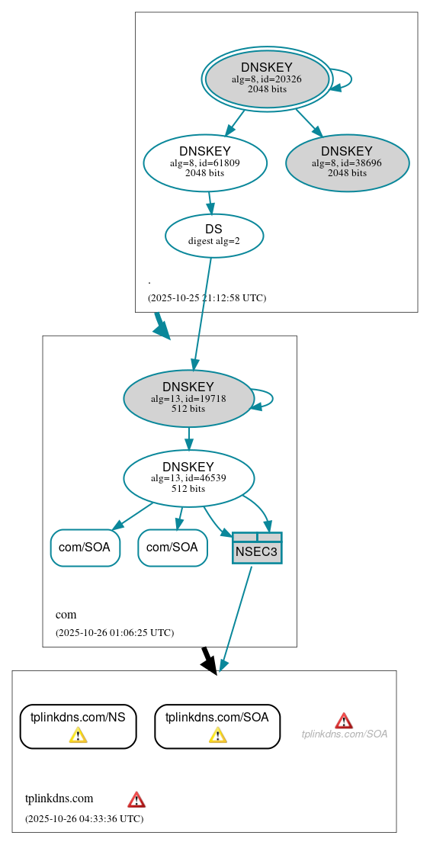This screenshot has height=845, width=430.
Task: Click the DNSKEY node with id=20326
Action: pyautogui.click(x=267, y=79)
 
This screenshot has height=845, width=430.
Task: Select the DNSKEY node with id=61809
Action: pyautogui.click(x=204, y=162)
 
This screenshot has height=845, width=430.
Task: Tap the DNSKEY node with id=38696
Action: pyautogui.click(x=347, y=162)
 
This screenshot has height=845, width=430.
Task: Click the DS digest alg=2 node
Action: pyautogui.click(x=213, y=235)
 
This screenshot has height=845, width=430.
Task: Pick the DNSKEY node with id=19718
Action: pyautogui.click(x=188, y=398)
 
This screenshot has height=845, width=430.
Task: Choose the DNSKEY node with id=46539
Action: pyautogui.click(x=188, y=478)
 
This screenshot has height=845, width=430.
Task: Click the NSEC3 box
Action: pyautogui.click(x=257, y=548)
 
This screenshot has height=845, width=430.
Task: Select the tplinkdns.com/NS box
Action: pyautogui.click(x=78, y=725)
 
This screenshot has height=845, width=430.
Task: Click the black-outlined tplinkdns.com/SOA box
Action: pyautogui.click(x=217, y=725)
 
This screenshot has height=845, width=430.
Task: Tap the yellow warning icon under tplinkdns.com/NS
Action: pyautogui.click(x=78, y=734)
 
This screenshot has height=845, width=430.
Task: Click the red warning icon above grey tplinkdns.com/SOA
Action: pyautogui.click(x=344, y=721)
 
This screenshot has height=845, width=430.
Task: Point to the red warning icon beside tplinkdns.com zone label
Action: pyautogui.click(x=136, y=799)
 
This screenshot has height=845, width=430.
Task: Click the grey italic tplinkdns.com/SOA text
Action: pyautogui.click(x=344, y=734)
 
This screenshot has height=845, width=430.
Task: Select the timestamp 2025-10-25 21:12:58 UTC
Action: pyautogui.click(x=207, y=297)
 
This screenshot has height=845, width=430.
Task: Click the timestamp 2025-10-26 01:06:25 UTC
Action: pyautogui.click(x=114, y=632)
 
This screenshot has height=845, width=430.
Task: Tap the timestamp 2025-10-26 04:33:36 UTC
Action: pyautogui.click(x=84, y=818)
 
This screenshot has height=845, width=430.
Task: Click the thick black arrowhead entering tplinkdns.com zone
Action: pyautogui.click(x=210, y=664)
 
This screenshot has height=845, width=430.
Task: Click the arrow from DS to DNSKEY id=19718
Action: pyautogui.click(x=202, y=313)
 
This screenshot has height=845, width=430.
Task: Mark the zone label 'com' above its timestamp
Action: pyautogui.click(x=66, y=614)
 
